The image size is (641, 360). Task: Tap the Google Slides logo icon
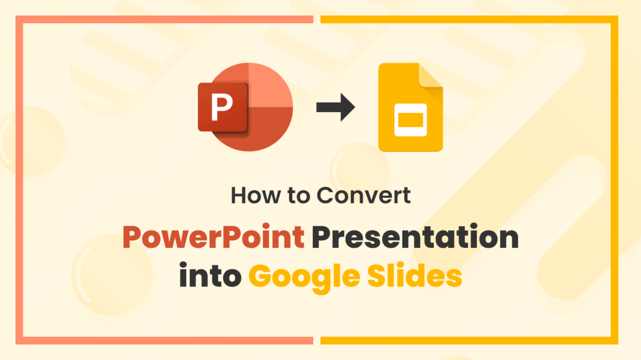pos(410,108)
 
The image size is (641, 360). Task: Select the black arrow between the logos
pos(335,107)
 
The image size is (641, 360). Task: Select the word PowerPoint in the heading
pos(214,239)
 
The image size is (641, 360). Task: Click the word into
pos(210,276)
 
